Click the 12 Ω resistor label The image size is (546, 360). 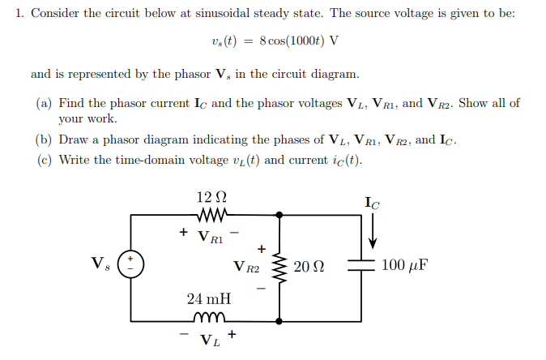click(x=211, y=197)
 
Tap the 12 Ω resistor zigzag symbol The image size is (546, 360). click(x=211, y=215)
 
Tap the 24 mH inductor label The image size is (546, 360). click(x=208, y=299)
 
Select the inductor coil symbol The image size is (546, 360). click(x=210, y=317)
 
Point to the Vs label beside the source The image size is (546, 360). click(x=100, y=264)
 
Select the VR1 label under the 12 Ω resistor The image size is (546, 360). click(x=211, y=236)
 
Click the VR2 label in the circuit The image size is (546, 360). click(x=245, y=266)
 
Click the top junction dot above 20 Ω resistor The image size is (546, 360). click(x=279, y=215)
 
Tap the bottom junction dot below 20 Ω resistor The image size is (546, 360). click(x=279, y=317)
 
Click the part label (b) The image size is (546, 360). click(x=45, y=139)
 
